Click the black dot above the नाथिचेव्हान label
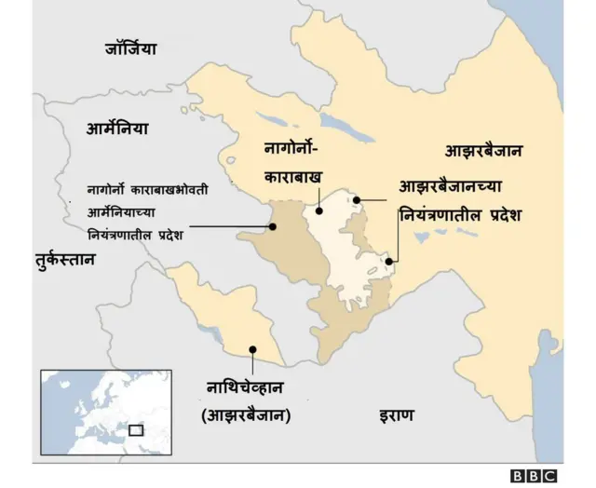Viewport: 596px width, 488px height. coord(252,350)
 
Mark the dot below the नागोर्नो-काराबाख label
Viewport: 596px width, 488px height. coord(319,210)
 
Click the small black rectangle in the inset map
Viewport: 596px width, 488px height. coord(136,430)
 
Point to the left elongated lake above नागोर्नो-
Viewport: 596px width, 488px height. coord(272,119)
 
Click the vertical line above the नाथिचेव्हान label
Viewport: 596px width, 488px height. coord(252,363)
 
